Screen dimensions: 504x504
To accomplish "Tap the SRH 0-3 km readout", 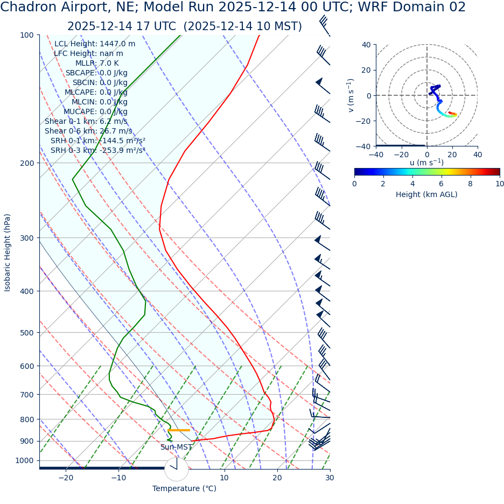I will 98,150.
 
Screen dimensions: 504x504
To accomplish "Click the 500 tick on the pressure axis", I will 27,333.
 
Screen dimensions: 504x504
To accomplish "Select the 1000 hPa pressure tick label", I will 24,460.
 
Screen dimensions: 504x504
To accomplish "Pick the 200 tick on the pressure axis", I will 27,163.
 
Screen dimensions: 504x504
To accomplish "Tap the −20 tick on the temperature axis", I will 66,478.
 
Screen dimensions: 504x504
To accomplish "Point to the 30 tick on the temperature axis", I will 330,478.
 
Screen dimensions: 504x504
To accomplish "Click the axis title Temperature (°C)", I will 184,488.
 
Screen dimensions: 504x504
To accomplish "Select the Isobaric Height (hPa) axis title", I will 8,253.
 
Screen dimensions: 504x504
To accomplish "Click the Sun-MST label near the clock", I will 176,447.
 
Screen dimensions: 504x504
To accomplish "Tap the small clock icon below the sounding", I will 177,469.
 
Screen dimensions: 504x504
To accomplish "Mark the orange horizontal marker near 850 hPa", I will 179,430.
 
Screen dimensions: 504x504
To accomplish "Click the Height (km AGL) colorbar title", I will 426,194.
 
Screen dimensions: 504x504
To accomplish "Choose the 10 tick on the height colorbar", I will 500,184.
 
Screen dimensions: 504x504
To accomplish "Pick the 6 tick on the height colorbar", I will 442,184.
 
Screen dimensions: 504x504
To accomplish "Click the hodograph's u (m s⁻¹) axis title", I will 426,163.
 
